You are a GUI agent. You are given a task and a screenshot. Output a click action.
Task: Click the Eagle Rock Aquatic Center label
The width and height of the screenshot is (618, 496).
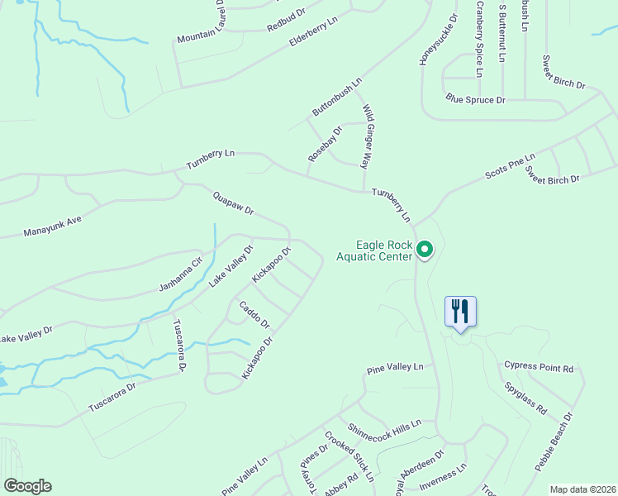click(x=373, y=250)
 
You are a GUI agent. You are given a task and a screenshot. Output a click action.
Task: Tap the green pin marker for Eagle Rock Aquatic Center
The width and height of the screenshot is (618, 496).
click(x=425, y=249)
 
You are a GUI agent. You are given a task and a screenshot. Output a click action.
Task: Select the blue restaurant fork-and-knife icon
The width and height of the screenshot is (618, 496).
click(x=460, y=312)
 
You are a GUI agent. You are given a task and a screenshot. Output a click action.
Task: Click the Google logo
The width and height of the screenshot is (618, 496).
click(x=27, y=486)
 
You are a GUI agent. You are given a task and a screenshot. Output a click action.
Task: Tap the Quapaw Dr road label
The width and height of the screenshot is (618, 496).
click(x=233, y=204)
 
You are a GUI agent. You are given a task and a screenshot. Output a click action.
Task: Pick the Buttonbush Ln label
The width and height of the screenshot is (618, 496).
click(x=337, y=97)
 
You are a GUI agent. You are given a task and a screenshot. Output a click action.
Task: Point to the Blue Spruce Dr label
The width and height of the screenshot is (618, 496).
click(x=475, y=100)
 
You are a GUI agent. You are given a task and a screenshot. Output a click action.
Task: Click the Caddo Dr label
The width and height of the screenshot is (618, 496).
click(x=254, y=314)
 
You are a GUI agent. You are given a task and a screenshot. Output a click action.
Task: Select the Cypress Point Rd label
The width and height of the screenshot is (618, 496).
click(x=538, y=366)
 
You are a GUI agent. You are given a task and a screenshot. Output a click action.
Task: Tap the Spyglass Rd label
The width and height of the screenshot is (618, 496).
click(x=529, y=398)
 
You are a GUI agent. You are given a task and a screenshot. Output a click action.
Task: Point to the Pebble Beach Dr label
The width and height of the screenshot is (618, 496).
click(x=553, y=442)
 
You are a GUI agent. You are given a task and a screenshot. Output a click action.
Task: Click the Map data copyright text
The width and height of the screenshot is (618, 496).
click(x=582, y=489)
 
